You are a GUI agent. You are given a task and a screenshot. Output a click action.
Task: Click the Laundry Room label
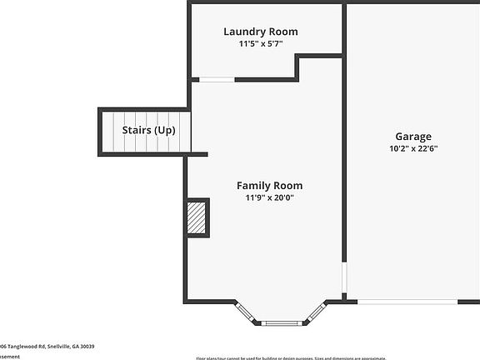click(x=260, y=32)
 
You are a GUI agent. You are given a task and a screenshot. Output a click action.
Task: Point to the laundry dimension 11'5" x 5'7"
click(x=260, y=44)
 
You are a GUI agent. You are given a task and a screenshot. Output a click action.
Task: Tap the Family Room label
click(x=269, y=185)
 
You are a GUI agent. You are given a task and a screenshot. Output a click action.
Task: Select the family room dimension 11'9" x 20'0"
click(x=269, y=198)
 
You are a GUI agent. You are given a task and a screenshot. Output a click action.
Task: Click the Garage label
click(x=413, y=136)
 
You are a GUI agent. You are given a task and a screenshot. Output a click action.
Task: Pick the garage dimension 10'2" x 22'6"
click(x=413, y=149)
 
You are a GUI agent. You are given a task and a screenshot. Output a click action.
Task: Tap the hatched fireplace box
click(x=197, y=217)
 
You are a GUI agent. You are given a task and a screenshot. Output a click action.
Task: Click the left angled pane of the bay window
click(x=245, y=311)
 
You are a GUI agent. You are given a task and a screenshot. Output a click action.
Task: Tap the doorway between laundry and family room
click(x=214, y=80)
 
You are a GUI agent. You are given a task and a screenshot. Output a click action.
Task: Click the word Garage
click(x=413, y=136)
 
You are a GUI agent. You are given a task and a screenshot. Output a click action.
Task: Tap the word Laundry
click(x=244, y=32)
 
